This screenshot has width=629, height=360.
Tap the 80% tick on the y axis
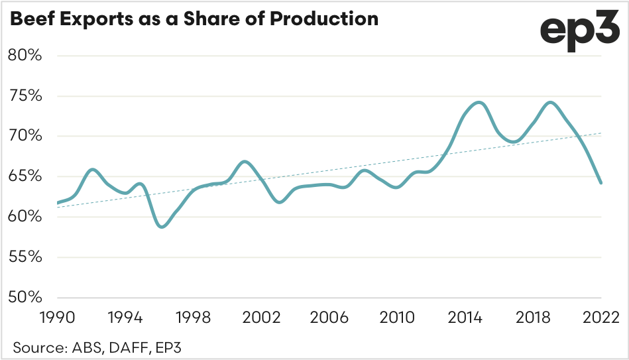point(25,56)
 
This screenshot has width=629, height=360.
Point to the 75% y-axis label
point(25,96)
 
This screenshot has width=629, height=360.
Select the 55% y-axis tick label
point(25,257)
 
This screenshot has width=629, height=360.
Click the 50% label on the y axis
point(25,297)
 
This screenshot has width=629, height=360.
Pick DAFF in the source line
point(130,346)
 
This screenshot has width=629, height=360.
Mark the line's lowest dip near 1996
point(163,227)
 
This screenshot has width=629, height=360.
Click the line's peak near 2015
point(479,103)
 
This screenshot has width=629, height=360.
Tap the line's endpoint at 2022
point(600,183)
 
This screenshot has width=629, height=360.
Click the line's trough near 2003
point(279,202)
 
